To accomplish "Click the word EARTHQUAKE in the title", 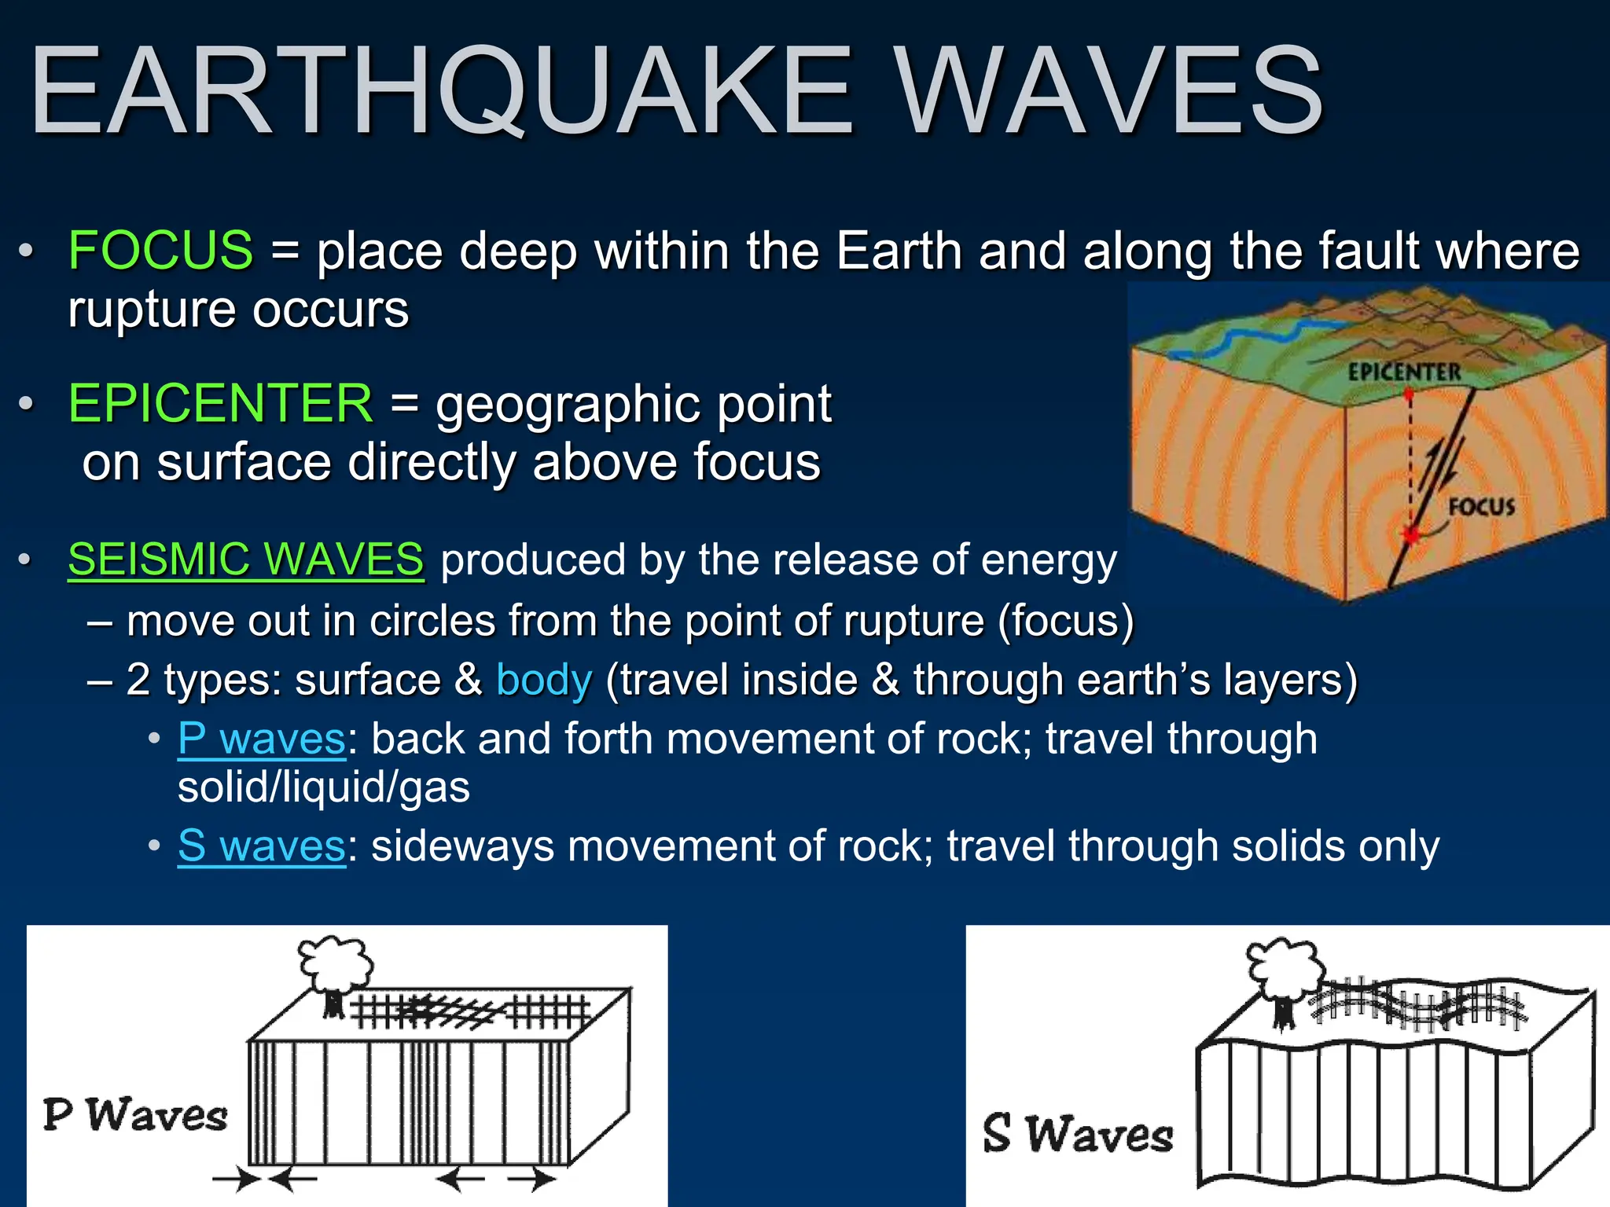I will [x=440, y=93].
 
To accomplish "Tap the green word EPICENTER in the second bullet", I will [x=220, y=404].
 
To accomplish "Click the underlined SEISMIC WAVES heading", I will [x=245, y=559].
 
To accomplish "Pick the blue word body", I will [x=544, y=681].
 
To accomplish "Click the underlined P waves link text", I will [x=261, y=739].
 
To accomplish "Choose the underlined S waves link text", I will [x=261, y=846].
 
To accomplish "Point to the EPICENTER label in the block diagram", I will [x=1404, y=372].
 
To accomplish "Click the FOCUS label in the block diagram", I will [x=1481, y=507].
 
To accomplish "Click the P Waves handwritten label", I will [x=135, y=1116].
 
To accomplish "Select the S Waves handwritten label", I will [x=1077, y=1134].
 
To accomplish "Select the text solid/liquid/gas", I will [x=324, y=788].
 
